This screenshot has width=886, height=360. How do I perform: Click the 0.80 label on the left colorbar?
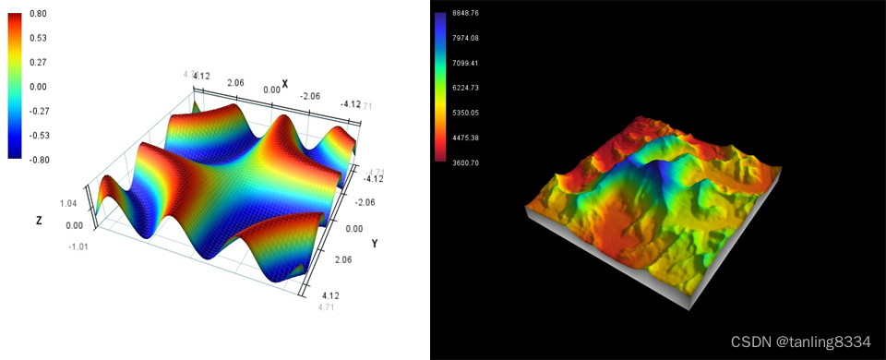[x=39, y=14]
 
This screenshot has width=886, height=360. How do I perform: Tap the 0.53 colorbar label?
[x=39, y=38]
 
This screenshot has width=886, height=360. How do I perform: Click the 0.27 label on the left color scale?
[x=39, y=63]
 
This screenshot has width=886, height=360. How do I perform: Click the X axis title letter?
[x=285, y=84]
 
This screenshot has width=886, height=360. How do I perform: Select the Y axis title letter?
[x=374, y=244]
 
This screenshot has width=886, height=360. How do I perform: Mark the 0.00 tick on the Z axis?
[x=71, y=225]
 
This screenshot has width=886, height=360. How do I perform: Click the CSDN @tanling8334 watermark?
[x=800, y=342]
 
